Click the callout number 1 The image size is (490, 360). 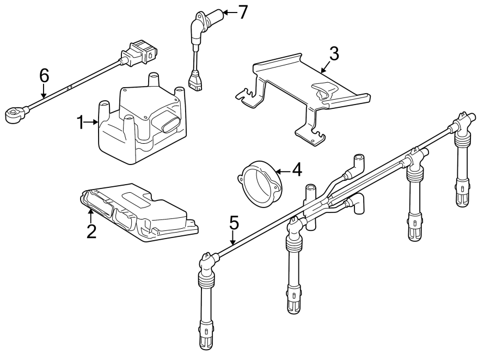coord(81,123)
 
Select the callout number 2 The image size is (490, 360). coord(91,231)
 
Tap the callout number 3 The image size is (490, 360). coord(334,53)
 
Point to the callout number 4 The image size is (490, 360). coord(296,170)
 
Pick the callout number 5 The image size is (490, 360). coord(234,222)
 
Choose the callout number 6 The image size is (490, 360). coord(44,76)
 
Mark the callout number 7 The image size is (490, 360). coord(243,11)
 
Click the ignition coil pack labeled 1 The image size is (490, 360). coord(139,125)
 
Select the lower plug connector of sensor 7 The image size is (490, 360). coord(194,81)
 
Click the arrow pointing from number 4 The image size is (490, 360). coord(284,171)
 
